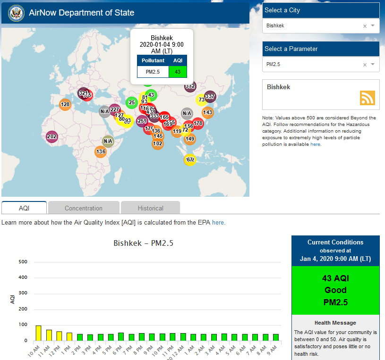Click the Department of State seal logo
[16, 13]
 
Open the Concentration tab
[84, 208]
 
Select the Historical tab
[150, 208]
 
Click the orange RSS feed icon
[367, 98]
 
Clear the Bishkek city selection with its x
[365, 26]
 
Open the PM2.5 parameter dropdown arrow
[373, 64]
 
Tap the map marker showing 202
[52, 137]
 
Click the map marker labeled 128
[65, 105]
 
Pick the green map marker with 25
[131, 102]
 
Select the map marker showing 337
[210, 97]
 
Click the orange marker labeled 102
[158, 144]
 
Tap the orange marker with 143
[207, 112]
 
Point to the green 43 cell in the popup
[178, 72]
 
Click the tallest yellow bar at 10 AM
[38, 333]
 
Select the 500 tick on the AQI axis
[23, 262]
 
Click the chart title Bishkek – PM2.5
[144, 243]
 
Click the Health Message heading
[335, 323]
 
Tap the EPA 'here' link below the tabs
[218, 222]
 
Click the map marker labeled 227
[114, 109]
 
